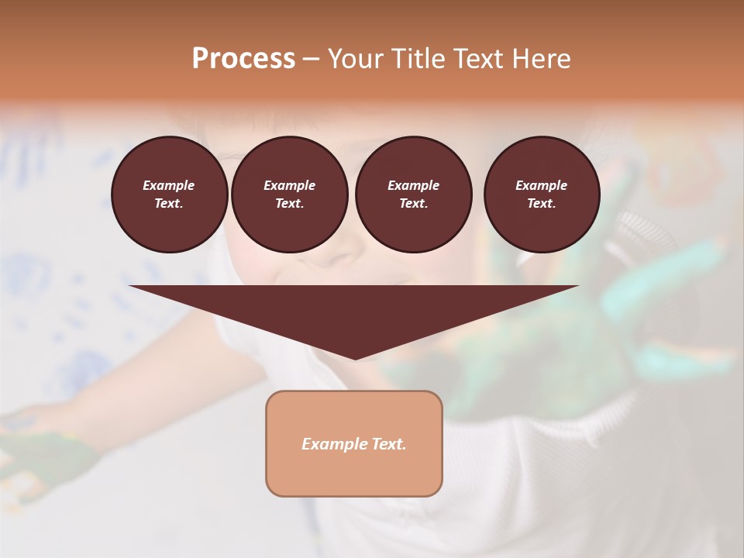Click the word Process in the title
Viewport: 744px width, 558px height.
pos(243,59)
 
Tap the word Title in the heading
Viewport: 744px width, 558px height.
pos(416,59)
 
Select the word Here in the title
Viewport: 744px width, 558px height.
pos(540,59)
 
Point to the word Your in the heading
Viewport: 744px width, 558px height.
pos(356,59)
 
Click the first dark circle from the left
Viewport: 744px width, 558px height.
pos(169,195)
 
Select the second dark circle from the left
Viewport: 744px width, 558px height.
pos(289,195)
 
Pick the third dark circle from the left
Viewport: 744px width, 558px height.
pos(413,195)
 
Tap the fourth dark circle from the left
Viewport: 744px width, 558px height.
pos(541,195)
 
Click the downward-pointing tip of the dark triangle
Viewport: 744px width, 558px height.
pos(354,357)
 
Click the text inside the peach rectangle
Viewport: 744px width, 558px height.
pos(354,444)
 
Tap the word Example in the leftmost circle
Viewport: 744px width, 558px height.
pos(169,185)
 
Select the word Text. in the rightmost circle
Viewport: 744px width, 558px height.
pos(541,204)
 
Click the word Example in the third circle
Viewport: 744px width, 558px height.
pos(413,185)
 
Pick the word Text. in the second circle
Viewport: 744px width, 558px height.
pos(289,204)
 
